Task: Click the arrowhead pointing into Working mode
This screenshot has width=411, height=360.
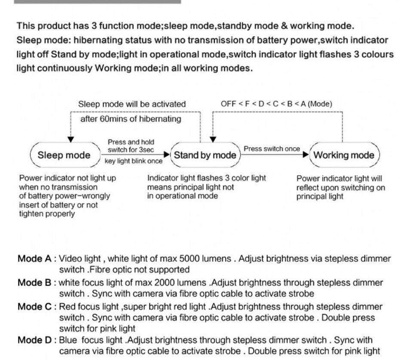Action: click(306, 155)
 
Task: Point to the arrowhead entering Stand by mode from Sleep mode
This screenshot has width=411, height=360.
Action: click(167, 155)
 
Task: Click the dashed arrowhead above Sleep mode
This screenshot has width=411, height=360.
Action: click(71, 139)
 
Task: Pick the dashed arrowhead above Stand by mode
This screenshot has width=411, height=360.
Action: click(213, 139)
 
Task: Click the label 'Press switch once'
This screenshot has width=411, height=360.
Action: click(272, 149)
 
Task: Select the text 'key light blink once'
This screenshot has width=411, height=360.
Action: click(133, 161)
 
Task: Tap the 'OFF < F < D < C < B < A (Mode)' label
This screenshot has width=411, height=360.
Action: click(276, 104)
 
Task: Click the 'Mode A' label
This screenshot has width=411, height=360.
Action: click(34, 259)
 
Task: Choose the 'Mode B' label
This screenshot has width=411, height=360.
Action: click(34, 283)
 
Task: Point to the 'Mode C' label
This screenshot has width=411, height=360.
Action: click(34, 307)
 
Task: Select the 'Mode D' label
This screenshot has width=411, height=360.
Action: click(34, 340)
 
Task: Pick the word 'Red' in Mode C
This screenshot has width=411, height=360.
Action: click(67, 307)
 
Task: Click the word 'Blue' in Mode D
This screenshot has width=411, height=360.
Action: click(68, 340)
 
